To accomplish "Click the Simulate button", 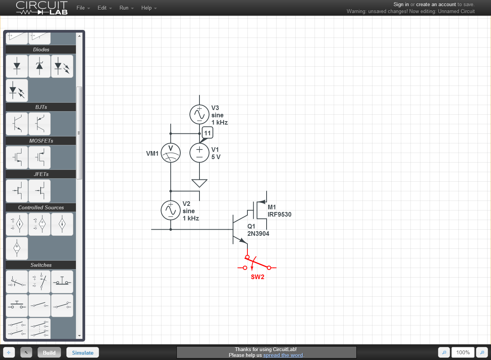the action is tap(82, 353).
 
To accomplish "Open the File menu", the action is tap(83, 8).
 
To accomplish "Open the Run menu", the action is tap(127, 8).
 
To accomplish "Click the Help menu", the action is tap(149, 8).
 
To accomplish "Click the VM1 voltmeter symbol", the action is tap(171, 153).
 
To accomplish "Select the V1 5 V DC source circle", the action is tap(199, 153).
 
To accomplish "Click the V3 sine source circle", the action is tap(199, 114).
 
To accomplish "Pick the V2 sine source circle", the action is tap(171, 210).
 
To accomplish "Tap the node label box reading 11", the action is tap(208, 133).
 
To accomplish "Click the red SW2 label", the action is tap(257, 277).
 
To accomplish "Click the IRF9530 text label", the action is tap(280, 214).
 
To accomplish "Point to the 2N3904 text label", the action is tap(258, 233).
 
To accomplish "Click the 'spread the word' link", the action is tap(283, 355).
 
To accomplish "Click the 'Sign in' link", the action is tap(401, 4).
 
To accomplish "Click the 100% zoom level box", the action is tap(463, 352).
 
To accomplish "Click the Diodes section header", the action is tap(41, 49).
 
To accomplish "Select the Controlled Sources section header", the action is tap(41, 207).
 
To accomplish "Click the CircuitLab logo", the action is tap(42, 8).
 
